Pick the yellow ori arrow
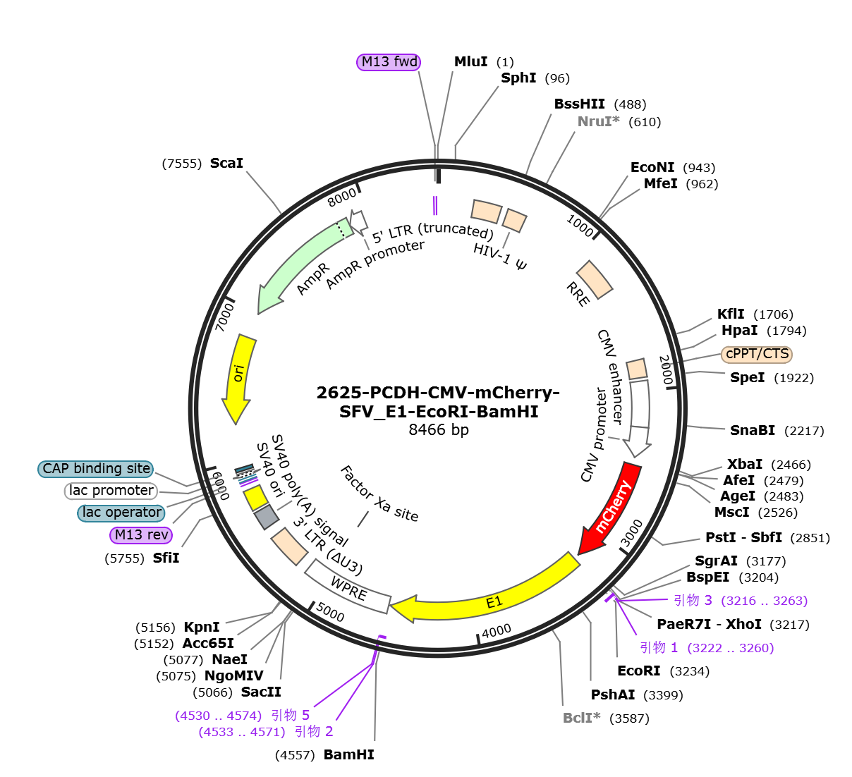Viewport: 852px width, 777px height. click(238, 378)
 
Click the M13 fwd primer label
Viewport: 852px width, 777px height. click(389, 62)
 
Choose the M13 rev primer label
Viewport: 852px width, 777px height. click(141, 534)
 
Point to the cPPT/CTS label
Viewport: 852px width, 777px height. click(757, 354)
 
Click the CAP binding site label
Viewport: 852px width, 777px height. click(96, 468)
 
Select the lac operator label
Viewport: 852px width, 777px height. click(121, 513)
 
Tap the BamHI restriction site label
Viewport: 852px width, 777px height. click(348, 754)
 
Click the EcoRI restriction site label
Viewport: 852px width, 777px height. click(638, 671)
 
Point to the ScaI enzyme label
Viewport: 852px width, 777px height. click(226, 163)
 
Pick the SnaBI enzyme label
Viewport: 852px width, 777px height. click(752, 430)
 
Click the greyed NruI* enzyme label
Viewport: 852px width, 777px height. click(598, 121)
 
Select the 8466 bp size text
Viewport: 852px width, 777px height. click(438, 429)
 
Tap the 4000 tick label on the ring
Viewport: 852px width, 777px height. click(497, 631)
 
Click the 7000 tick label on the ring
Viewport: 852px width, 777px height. click(225, 317)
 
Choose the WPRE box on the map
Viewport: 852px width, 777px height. click(348, 587)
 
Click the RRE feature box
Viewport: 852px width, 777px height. click(594, 280)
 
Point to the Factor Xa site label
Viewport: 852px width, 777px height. click(379, 494)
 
